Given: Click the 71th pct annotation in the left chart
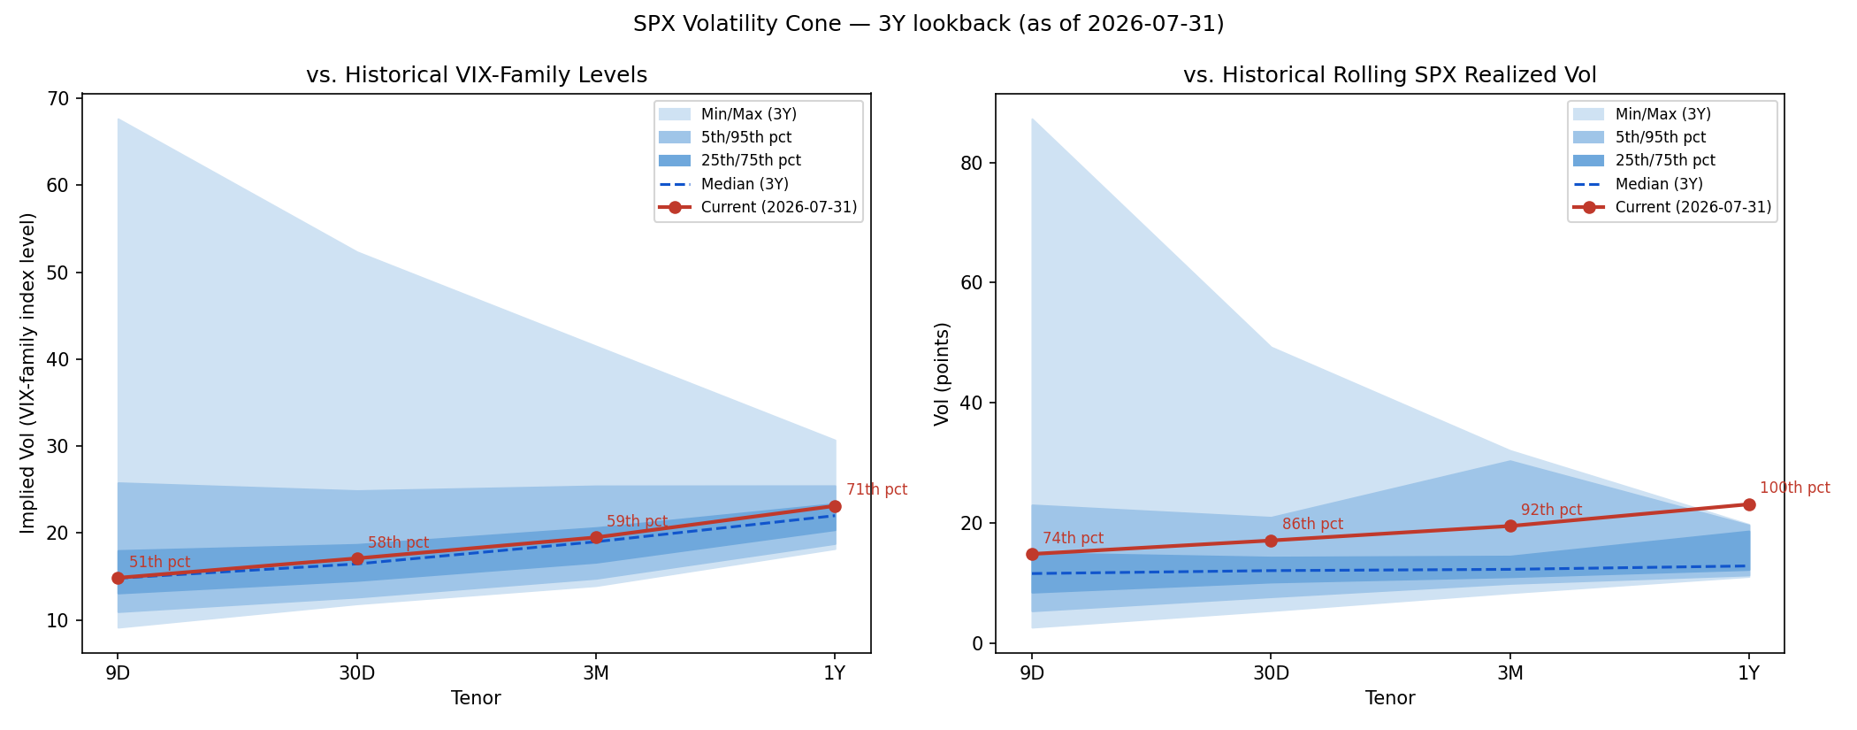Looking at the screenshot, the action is click(x=876, y=489).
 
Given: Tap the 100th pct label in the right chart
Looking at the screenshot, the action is click(x=1795, y=488).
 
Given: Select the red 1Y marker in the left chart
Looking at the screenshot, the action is click(x=835, y=506).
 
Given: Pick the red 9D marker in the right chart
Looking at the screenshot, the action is click(x=1032, y=554).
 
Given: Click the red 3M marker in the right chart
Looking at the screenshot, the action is click(x=1510, y=526).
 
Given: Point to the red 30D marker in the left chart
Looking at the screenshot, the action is click(x=357, y=558).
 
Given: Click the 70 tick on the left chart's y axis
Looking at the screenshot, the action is click(x=58, y=98).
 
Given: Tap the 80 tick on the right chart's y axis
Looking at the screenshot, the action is click(x=972, y=163).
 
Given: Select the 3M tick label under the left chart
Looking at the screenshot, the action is click(x=596, y=672).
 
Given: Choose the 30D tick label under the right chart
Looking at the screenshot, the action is click(x=1271, y=672).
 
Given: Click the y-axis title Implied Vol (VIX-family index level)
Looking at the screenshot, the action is click(x=28, y=373).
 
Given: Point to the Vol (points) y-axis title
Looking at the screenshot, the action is click(x=942, y=373).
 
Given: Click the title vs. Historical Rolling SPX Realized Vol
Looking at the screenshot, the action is click(x=1390, y=75).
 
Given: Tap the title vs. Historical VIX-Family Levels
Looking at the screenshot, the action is click(x=477, y=75).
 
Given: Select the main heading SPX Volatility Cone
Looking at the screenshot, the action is click(x=737, y=24).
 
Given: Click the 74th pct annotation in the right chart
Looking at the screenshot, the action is click(x=1073, y=538).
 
